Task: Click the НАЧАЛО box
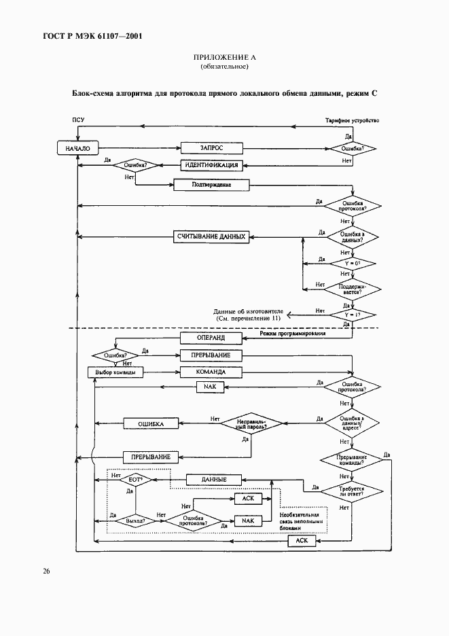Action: [x=77, y=147]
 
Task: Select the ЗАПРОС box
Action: [x=211, y=147]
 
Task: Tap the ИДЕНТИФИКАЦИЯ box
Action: [x=211, y=165]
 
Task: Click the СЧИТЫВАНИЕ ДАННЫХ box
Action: [x=211, y=236]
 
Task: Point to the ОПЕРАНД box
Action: [x=211, y=338]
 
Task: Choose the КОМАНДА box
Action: [x=211, y=372]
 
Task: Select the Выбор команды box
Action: [x=115, y=372]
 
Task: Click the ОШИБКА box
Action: [x=152, y=423]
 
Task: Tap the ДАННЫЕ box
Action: [x=214, y=480]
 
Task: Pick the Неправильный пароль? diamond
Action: [x=251, y=423]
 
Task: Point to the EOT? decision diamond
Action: [x=134, y=480]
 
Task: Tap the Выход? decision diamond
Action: [x=134, y=520]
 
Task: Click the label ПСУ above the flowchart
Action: [x=79, y=120]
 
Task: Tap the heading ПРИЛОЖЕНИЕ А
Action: [x=224, y=57]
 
